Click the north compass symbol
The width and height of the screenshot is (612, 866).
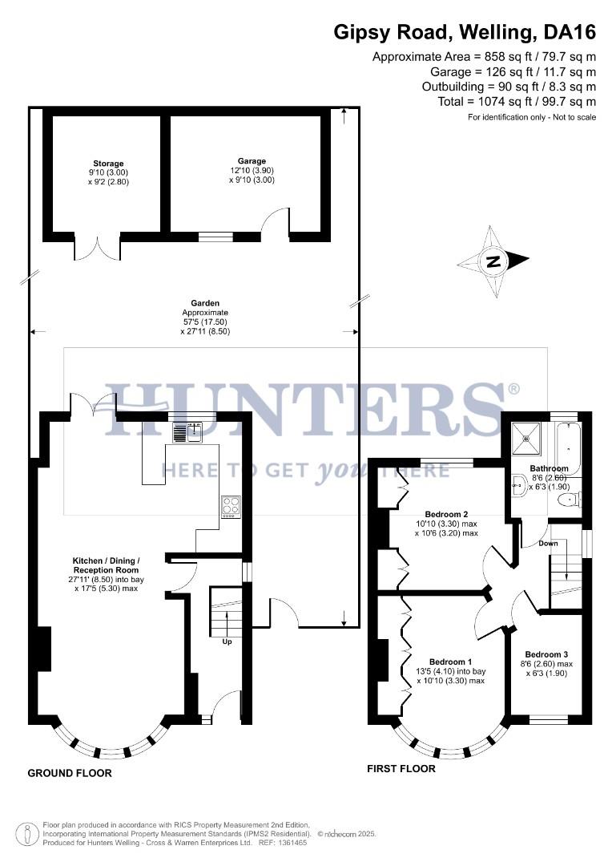click(x=493, y=261)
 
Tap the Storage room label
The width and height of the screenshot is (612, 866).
click(x=108, y=164)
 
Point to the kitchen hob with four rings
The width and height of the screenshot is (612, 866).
click(x=231, y=506)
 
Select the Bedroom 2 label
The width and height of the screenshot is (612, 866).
click(x=446, y=514)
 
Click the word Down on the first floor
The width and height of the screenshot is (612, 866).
click(x=549, y=544)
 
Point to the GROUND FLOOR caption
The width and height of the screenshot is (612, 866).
click(x=70, y=773)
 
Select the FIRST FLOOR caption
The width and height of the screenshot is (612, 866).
click(x=401, y=768)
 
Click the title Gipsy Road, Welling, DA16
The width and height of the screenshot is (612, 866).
click(x=465, y=32)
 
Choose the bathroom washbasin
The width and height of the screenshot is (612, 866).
click(x=517, y=483)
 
